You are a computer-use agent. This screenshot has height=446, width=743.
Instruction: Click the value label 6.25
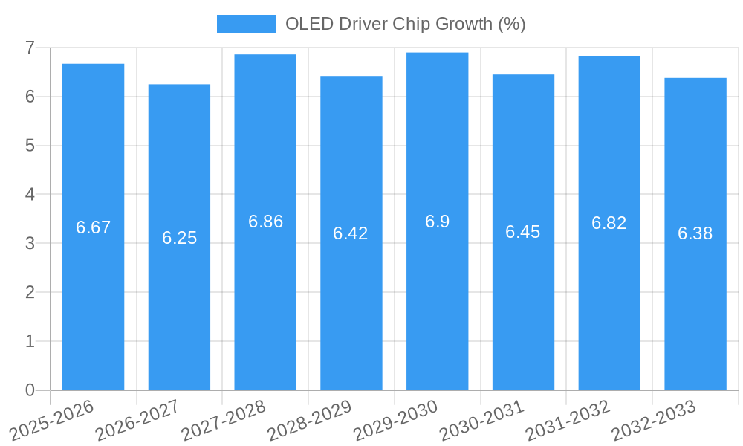pyautogui.click(x=179, y=238)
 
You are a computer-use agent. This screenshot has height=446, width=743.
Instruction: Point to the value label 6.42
pyautogui.click(x=351, y=233)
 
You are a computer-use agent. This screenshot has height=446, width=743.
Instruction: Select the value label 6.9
pyautogui.click(x=437, y=222)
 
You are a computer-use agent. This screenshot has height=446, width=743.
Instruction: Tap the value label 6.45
pyautogui.click(x=523, y=232)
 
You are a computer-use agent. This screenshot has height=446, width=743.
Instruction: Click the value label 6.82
pyautogui.click(x=609, y=223)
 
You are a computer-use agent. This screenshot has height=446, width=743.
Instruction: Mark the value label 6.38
pyautogui.click(x=695, y=233)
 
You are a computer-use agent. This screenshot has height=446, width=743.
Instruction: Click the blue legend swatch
pyautogui.click(x=246, y=24)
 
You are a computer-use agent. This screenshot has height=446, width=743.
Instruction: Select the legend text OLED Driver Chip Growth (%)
pyautogui.click(x=406, y=24)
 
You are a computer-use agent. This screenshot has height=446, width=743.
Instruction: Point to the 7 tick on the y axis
pyautogui.click(x=30, y=48)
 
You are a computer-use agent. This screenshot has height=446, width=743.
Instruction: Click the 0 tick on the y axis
pyautogui.click(x=30, y=390)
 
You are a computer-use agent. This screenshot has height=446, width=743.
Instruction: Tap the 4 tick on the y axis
pyautogui.click(x=30, y=194)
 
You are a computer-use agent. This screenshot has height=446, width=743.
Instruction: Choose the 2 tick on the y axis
pyautogui.click(x=30, y=292)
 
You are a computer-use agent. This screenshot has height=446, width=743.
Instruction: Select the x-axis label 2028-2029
pyautogui.click(x=309, y=420)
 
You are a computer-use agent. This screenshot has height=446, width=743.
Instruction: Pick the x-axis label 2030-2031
pyautogui.click(x=481, y=420)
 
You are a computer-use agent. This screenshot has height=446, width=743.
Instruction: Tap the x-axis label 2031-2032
pyautogui.click(x=568, y=420)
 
